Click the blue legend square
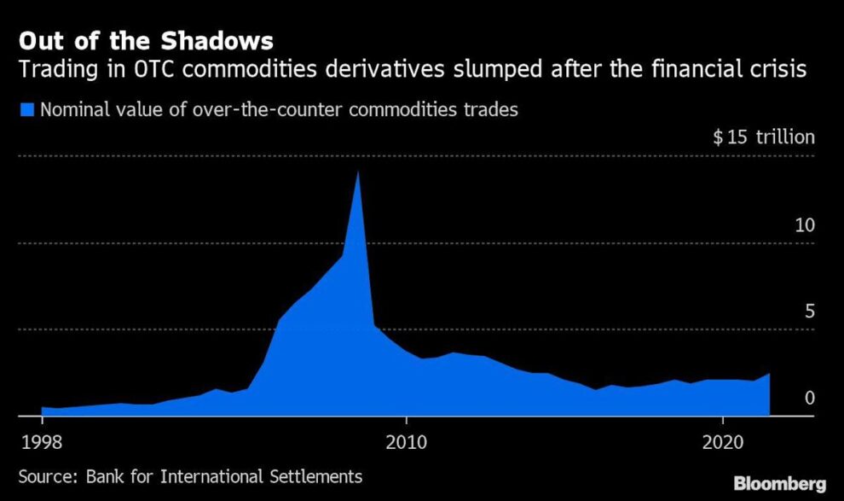pos(26,109)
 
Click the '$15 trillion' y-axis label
pos(764,137)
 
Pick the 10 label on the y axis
pos(805,225)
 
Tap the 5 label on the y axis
pos(810,312)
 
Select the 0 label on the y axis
pos(810,397)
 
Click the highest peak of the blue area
pos(358,172)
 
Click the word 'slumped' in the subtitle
pos(487,68)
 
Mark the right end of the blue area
pos(770,375)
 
